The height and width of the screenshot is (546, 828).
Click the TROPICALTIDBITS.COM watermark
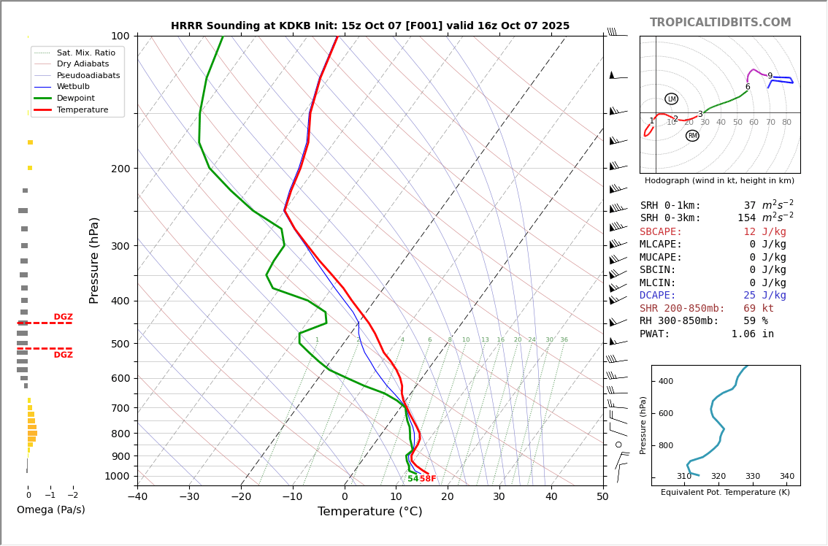point(720,23)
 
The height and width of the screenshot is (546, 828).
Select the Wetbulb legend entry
point(77,87)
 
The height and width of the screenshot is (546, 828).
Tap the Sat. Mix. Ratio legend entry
point(85,53)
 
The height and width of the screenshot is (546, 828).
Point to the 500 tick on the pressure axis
point(120,344)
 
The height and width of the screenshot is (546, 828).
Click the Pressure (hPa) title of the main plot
point(94,260)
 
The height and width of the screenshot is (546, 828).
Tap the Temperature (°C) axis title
point(369,512)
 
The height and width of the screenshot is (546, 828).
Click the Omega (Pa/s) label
point(51,510)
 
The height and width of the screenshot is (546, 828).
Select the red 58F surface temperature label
point(428,479)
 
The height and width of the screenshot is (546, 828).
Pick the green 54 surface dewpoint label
point(413,479)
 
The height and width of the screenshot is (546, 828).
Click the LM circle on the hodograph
point(671,99)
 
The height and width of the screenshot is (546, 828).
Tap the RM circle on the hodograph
point(692,136)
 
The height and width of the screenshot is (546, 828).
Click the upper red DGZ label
point(63,318)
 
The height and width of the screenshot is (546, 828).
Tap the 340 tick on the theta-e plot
point(786,477)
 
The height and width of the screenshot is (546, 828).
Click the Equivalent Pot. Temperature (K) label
point(725,493)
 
